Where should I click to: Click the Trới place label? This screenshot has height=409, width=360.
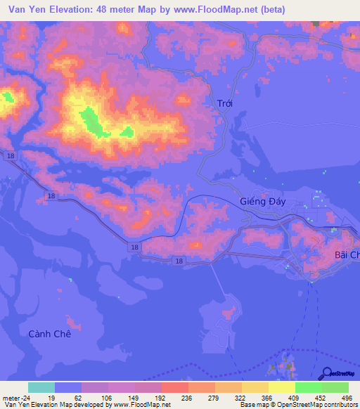pyautogui.click(x=224, y=103)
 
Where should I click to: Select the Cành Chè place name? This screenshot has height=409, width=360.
pyautogui.click(x=50, y=334)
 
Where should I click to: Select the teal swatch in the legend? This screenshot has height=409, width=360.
pyautogui.click(x=41, y=387)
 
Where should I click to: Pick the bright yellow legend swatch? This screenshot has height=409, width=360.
pyautogui.click(x=282, y=387)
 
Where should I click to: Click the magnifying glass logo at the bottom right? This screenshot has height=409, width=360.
pyautogui.click(x=326, y=374)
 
